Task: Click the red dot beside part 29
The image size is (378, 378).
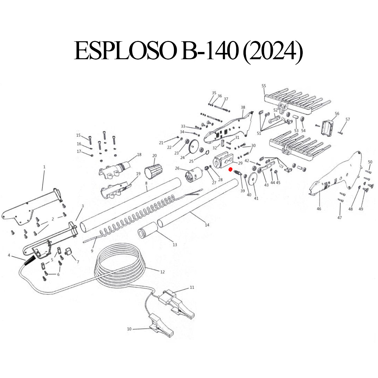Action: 231,169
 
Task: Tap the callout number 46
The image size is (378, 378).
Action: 319,209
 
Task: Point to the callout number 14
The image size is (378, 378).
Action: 207,225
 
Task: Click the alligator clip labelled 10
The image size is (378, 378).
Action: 161,326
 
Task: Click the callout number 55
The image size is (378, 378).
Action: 264,86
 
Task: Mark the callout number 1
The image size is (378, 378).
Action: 44,167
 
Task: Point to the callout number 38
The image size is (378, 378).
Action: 243,107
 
